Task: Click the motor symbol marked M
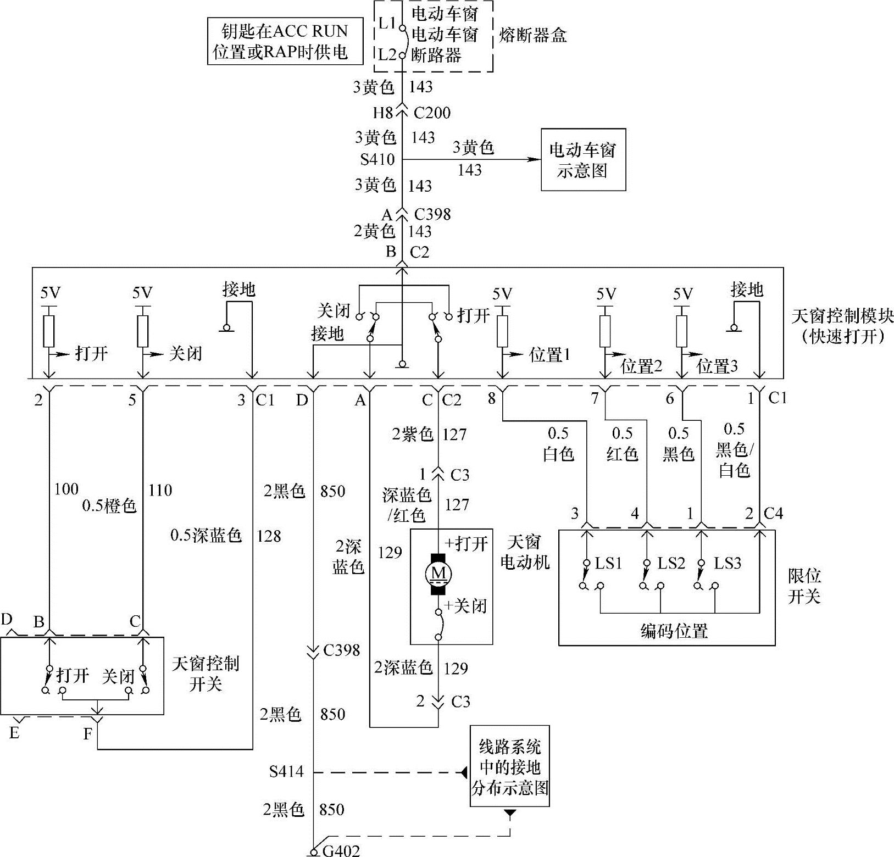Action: point(438,574)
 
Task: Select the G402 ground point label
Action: point(341,850)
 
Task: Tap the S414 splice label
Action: point(286,772)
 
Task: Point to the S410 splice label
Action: point(377,159)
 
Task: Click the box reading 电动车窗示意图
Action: point(583,160)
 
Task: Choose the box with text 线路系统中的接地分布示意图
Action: point(510,766)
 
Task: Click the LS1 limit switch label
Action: point(608,563)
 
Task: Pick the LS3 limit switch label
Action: point(728,563)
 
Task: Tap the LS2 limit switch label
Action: point(671,563)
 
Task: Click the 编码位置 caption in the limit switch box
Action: point(674,631)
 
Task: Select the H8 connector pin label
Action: point(384,113)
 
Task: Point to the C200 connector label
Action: point(432,113)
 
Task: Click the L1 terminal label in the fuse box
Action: point(387,23)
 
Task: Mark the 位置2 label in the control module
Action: point(641,366)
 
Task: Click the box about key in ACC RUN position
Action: point(285,41)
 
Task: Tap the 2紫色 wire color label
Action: point(413,435)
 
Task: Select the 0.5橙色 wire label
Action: point(109,505)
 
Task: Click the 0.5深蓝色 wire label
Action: point(206,536)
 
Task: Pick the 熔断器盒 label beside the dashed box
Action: point(532,36)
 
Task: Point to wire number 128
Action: point(269,536)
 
